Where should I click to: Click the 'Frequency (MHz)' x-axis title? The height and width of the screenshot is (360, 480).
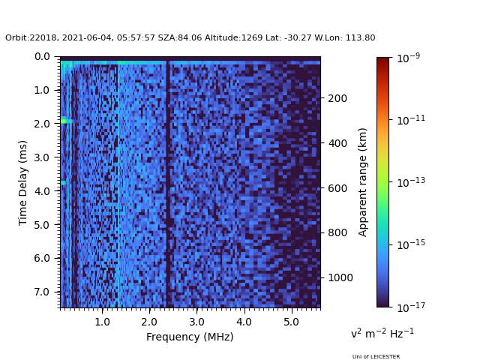tap(190, 337)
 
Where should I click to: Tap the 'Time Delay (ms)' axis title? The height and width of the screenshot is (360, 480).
tap(23, 182)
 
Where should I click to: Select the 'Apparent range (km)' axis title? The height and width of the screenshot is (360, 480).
tap(363, 182)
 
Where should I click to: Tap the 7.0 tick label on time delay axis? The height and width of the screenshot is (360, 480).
tap(42, 292)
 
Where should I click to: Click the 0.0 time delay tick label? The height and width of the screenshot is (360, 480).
tap(42, 56)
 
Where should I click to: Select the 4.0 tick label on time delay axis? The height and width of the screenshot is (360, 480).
tap(42, 191)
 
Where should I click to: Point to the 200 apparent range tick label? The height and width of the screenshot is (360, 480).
tap(337, 98)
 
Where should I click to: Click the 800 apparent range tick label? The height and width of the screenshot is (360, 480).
tap(337, 232)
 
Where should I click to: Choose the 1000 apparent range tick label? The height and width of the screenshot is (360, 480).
tap(339, 277)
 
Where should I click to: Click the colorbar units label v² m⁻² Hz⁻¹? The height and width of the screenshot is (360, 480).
tap(382, 333)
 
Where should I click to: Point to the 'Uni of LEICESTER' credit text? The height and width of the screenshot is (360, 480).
tap(376, 357)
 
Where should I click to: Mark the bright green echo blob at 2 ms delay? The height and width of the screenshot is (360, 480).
tap(66, 120)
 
